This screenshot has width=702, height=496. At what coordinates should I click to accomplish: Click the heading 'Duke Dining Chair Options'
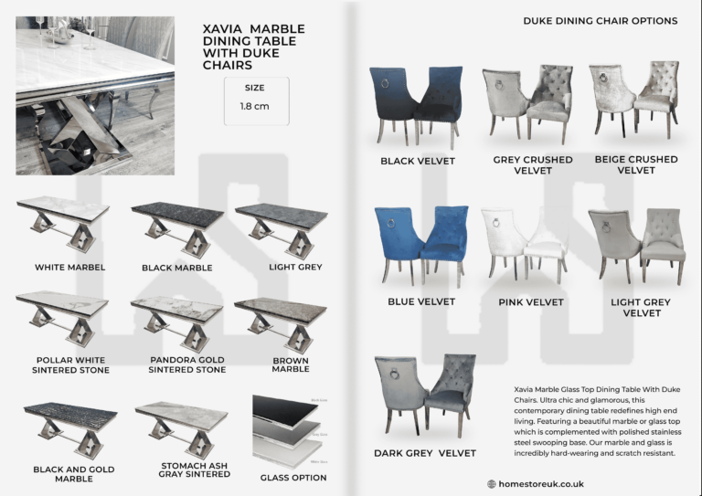coord(600,20)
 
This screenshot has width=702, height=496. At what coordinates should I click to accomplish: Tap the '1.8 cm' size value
coord(255,107)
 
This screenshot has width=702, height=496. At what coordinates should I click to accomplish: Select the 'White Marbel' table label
coord(70,268)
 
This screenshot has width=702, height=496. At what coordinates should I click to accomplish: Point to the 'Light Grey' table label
coord(295,267)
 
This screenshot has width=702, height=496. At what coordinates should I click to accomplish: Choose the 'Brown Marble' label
coord(291,364)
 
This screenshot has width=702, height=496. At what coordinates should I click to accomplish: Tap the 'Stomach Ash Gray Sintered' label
coord(194,470)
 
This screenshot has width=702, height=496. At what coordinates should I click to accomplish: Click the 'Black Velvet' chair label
coord(417,162)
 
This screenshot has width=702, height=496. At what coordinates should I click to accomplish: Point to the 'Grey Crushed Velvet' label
coord(533,164)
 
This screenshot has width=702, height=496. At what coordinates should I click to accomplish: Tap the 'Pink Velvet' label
coord(531,302)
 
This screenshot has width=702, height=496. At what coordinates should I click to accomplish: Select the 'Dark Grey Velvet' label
coord(424,453)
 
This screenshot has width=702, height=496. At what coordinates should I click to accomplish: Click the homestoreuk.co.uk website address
coord(541,484)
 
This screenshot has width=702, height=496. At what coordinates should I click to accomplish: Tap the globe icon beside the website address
coord(492,484)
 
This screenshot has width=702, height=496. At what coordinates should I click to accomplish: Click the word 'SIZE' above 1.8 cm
coord(255,88)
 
